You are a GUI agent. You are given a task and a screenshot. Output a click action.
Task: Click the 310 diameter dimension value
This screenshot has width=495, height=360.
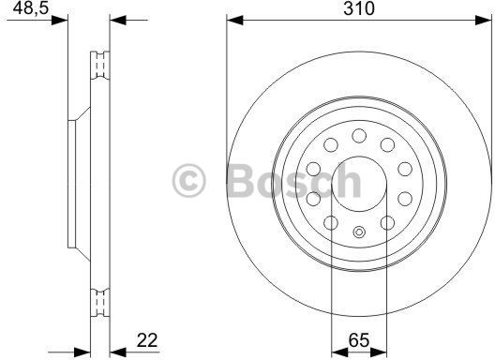(359, 8)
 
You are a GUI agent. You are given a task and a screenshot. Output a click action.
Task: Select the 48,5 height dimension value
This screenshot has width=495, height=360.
(31, 8)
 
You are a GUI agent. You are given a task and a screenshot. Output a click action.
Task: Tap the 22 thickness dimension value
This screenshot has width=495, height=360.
(147, 340)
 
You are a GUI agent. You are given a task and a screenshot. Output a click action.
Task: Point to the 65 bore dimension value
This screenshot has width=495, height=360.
(359, 340)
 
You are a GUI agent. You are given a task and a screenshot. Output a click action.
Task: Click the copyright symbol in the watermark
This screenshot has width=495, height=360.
(189, 181)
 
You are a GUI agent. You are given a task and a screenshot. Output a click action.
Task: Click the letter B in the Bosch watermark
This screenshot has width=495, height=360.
(240, 181)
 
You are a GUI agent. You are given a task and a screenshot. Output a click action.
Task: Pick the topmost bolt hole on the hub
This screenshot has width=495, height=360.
(359, 136)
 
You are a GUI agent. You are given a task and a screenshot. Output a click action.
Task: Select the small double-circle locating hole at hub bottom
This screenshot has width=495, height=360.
(359, 232)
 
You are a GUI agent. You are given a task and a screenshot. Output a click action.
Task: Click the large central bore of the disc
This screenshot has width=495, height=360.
(359, 184)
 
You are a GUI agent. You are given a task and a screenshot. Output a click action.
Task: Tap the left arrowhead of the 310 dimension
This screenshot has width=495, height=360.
(235, 21)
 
